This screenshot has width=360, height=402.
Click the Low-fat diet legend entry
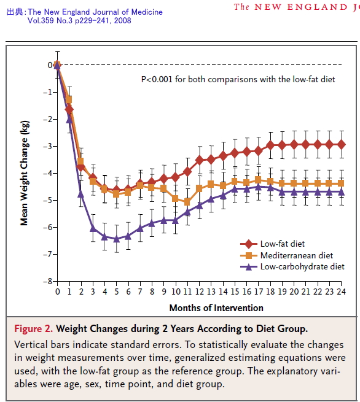pyautogui.click(x=272, y=244)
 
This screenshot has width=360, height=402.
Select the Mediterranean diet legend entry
pyautogui.click(x=286, y=255)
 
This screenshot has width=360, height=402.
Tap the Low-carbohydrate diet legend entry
pyautogui.click(x=292, y=267)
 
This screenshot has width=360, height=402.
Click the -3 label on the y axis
pyautogui.click(x=48, y=147)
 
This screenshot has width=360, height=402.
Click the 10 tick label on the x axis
pyautogui.click(x=176, y=292)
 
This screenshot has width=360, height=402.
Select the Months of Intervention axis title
pyautogui.click(x=216, y=308)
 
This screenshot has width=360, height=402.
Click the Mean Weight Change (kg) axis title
pyautogui.click(x=25, y=173)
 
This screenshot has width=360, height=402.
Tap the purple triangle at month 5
pyautogui.click(x=117, y=239)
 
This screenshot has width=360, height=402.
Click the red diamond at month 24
pyautogui.click(x=342, y=145)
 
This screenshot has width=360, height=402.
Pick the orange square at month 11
pyautogui.click(x=187, y=203)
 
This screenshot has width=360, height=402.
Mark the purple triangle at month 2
pyautogui.click(x=81, y=194)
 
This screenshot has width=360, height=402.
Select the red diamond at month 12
pyautogui.click(x=200, y=160)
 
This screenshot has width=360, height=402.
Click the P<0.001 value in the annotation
pyautogui.click(x=157, y=79)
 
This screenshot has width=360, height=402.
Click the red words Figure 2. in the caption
pyautogui.click(x=34, y=329)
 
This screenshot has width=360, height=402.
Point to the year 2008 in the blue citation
pyautogui.click(x=123, y=20)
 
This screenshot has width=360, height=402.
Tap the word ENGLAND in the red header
pyautogui.click(x=318, y=7)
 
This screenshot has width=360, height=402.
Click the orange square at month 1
pyautogui.click(x=69, y=99)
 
